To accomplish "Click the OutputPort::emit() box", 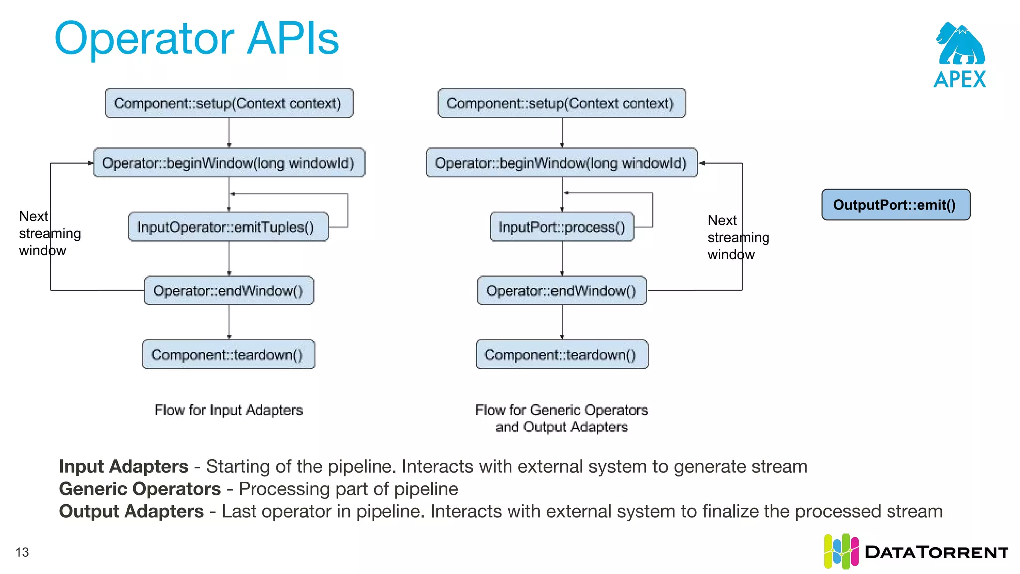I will [x=895, y=205].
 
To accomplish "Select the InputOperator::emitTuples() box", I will [x=228, y=227].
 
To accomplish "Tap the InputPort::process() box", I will [x=562, y=227].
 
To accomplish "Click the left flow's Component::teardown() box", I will [x=228, y=355].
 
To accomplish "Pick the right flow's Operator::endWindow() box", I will [x=562, y=291].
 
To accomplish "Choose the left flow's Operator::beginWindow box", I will [x=229, y=163].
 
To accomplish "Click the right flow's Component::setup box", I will [x=562, y=104].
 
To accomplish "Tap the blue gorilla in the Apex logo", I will [x=960, y=45].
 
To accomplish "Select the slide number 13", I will [x=22, y=552].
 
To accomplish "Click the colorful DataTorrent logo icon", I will [x=841, y=552].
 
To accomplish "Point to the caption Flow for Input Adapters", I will [x=229, y=410].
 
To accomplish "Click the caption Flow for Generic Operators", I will [x=561, y=410].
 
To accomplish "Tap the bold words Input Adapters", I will [x=124, y=467].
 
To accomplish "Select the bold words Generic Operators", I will [x=140, y=489].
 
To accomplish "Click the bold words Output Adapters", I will [x=131, y=512].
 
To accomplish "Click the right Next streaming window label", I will [x=737, y=237].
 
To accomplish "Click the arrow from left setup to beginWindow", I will [x=229, y=133].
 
